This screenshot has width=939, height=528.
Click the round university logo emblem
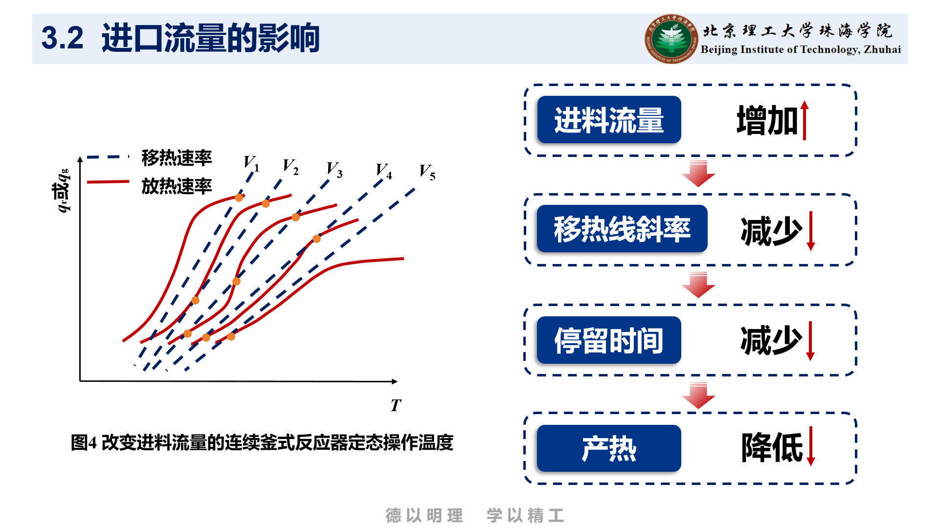[x=671, y=39]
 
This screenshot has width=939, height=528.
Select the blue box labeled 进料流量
[x=609, y=120]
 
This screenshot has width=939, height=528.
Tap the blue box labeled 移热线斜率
[x=622, y=229]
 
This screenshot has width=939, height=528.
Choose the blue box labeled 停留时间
[x=609, y=340]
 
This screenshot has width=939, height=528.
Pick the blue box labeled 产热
[x=609, y=448]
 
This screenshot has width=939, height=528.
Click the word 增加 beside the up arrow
[x=767, y=120]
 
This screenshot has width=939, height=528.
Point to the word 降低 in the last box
[x=772, y=447]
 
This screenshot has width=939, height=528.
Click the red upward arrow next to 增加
[x=805, y=120]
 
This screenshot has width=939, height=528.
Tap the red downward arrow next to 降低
[x=810, y=446]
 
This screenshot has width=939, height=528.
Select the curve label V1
[x=251, y=163]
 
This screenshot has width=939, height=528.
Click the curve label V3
[x=335, y=169]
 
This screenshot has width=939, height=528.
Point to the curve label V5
[x=427, y=172]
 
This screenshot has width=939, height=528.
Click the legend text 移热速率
[x=177, y=157]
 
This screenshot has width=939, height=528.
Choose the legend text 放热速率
[x=177, y=186]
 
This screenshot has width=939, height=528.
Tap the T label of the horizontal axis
[x=396, y=405]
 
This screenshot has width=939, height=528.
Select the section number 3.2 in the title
[x=62, y=38]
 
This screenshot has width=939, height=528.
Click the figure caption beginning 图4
[x=262, y=442]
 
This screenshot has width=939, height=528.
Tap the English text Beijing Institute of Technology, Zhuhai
[x=801, y=49]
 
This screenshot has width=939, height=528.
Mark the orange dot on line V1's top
[x=239, y=198]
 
